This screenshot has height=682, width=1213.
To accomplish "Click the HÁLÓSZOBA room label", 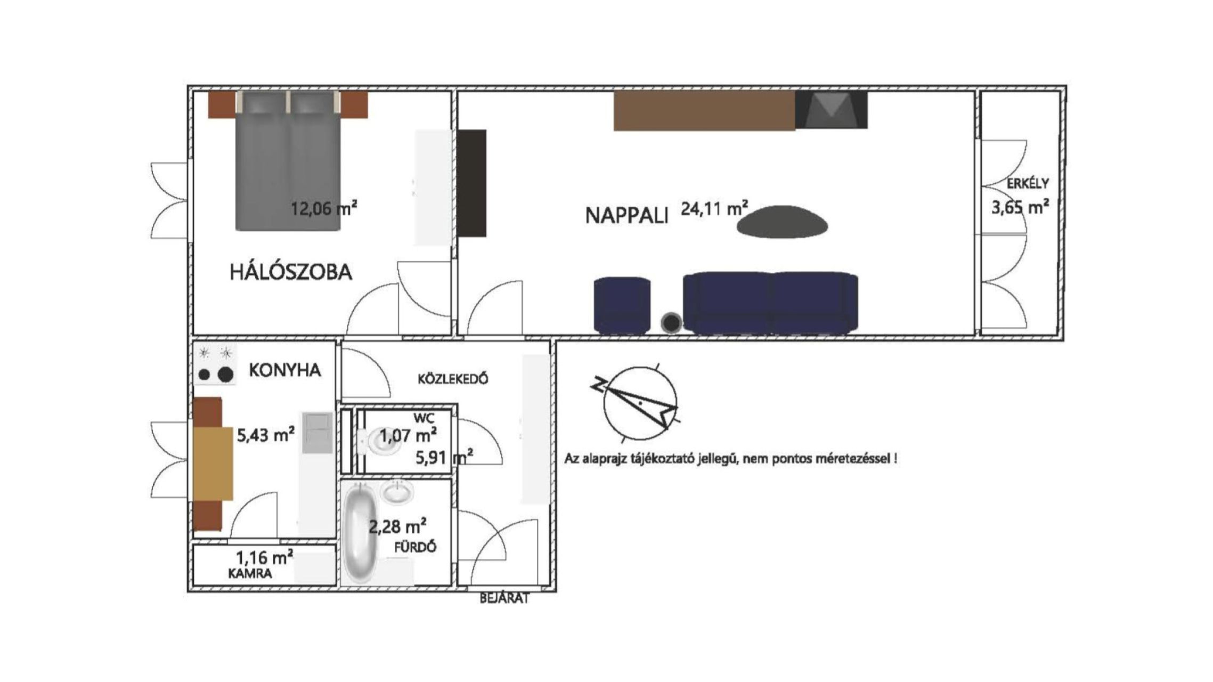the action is pos(291,272).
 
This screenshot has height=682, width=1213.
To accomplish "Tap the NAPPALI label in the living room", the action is pos(626,216).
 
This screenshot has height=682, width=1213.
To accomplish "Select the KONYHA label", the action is pos(285,370).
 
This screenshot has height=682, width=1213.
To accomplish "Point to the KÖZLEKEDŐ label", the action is pos(453,379).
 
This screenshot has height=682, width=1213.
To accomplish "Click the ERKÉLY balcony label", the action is pos(1028,183).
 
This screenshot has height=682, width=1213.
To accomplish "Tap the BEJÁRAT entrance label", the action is pos(504,598).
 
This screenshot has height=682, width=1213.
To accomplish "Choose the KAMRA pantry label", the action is pos(250,573).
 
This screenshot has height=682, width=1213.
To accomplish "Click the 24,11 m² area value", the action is pos(714,208).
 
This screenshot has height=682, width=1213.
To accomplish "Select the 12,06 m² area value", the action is pos(324,208).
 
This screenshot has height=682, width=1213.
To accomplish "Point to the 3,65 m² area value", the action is pos(1020,206).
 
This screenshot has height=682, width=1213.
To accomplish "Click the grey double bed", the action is pos(288,160).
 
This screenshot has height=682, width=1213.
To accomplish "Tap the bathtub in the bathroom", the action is pos(361,533).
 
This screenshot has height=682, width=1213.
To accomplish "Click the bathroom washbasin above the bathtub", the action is pos(397,491).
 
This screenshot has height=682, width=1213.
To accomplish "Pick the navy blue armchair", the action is pos(622,305).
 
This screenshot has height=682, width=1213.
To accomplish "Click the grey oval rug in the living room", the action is pos(783,222).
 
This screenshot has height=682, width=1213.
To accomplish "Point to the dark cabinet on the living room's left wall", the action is pos(472,183).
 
